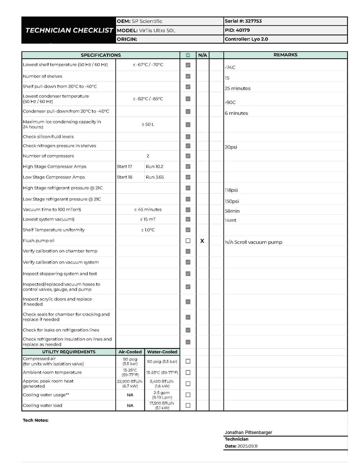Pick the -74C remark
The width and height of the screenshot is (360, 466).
tap(230, 68)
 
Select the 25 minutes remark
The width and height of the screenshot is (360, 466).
tap(238, 88)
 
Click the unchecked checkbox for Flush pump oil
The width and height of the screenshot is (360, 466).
tap(188, 241)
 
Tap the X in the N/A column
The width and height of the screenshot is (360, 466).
tap(202, 241)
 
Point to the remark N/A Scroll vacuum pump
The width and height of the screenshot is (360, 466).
tap(253, 242)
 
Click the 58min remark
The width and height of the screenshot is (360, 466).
tap(232, 211)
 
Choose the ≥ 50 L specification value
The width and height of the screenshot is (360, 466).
tap(148, 124)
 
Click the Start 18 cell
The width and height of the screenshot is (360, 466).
tap(125, 177)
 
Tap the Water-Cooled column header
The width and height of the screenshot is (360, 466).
tap(162, 352)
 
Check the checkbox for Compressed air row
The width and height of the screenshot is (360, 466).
tap(188, 361)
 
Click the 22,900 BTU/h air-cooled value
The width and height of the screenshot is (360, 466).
tap(130, 381)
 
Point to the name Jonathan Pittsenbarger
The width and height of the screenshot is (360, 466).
tap(248, 432)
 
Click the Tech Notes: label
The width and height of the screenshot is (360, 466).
tap(36, 421)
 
